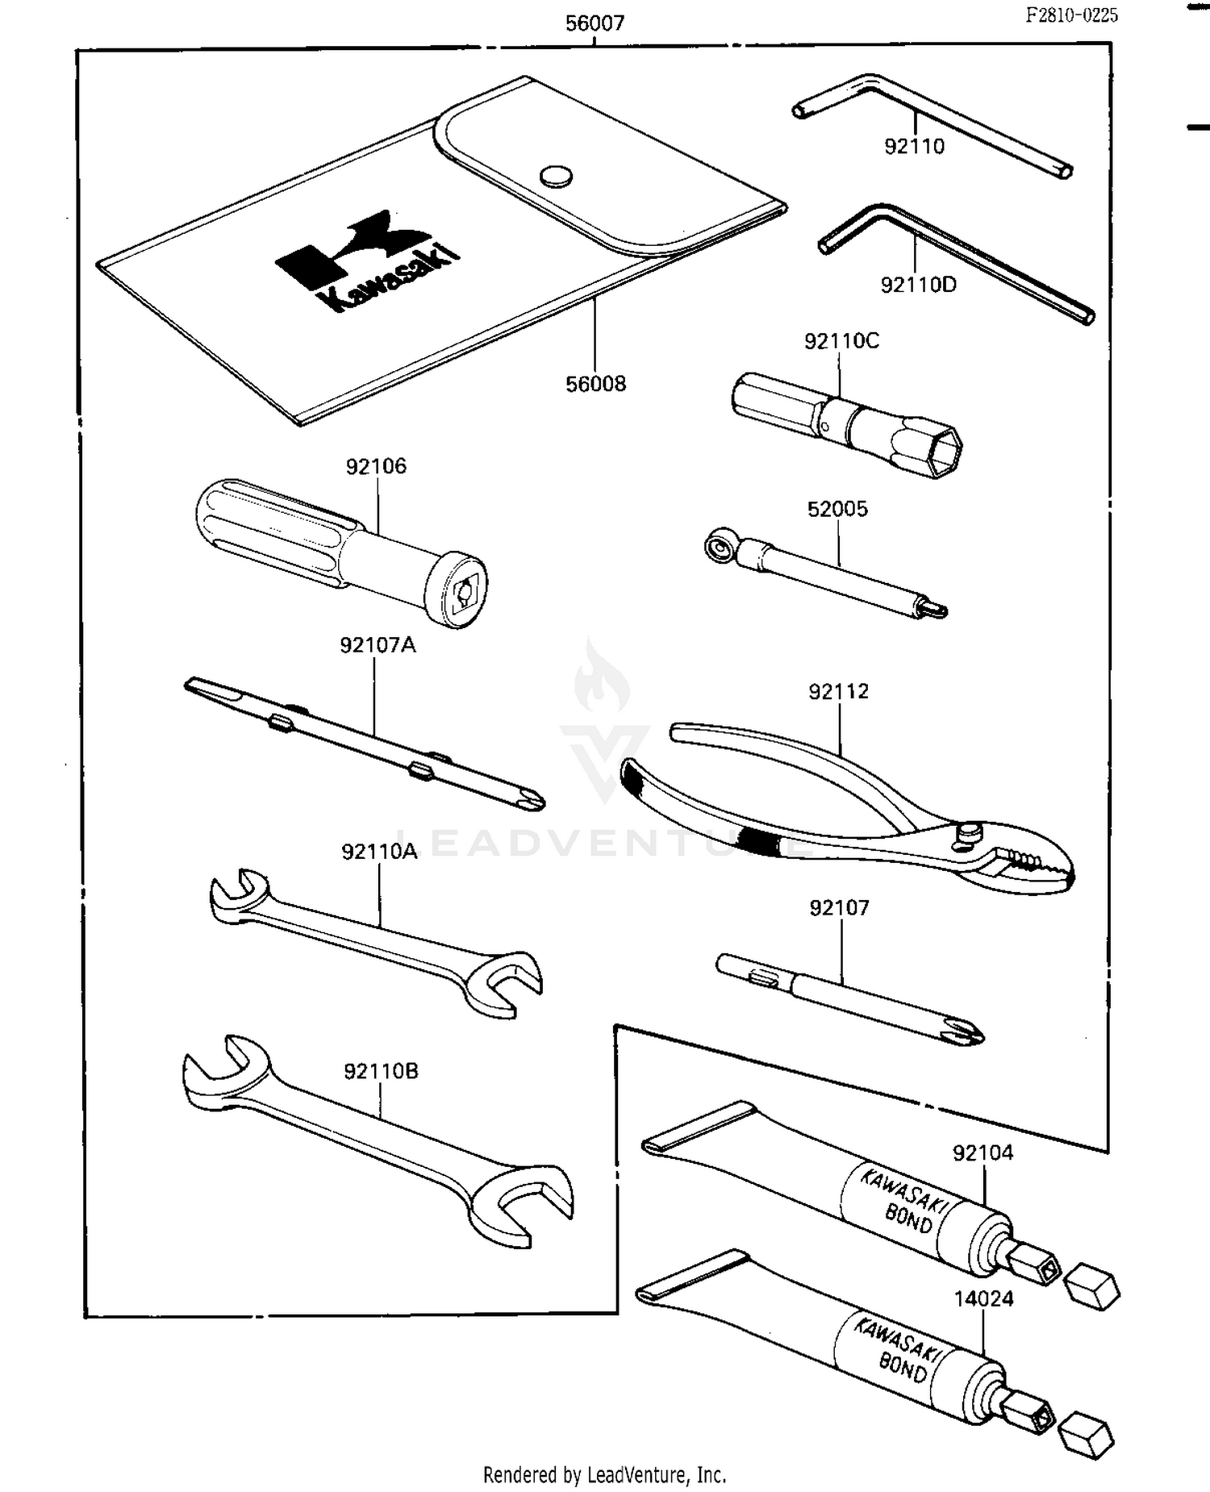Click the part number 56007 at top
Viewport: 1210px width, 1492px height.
coord(595,23)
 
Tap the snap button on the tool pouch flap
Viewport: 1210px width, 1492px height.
coord(556,176)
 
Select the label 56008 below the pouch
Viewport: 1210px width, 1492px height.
coord(595,384)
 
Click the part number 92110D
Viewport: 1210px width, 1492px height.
coord(918,285)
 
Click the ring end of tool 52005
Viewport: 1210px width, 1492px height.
coord(718,547)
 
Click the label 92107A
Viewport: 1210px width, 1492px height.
coord(377,645)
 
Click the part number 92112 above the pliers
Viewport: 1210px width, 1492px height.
coord(838,692)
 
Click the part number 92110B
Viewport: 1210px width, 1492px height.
coord(381,1072)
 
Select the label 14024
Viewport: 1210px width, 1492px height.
coord(983,1299)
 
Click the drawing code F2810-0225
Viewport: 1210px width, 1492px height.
coord(1071,15)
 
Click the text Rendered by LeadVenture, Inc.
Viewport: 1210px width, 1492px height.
coord(604,1475)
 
